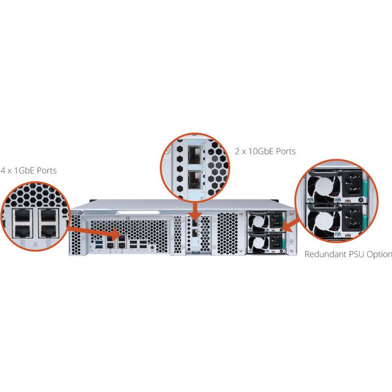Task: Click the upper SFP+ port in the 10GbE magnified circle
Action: coord(195,156)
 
